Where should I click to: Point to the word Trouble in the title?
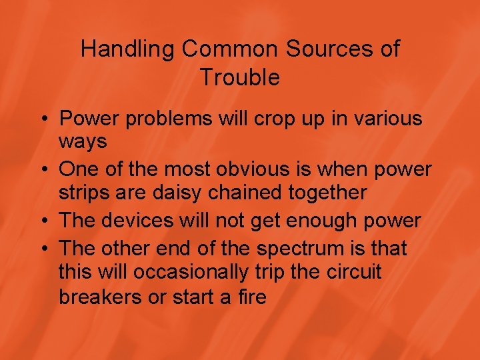(x=239, y=77)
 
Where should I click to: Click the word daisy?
(x=181, y=193)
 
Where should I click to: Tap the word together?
(x=331, y=193)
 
